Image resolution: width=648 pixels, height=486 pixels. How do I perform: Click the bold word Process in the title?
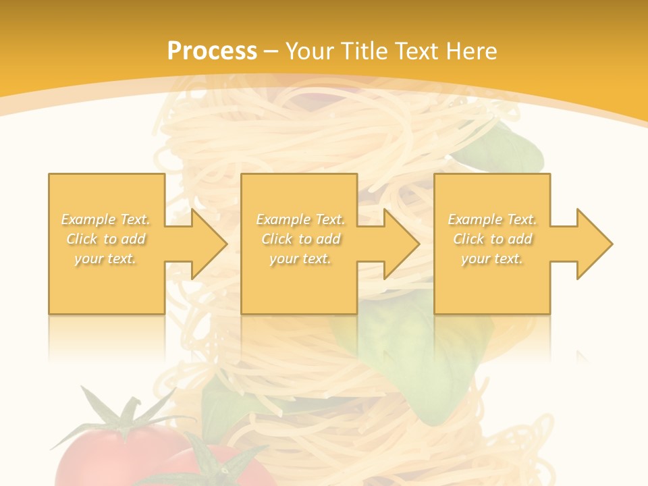click(x=212, y=51)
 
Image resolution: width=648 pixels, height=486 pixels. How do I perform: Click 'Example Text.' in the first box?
click(x=106, y=219)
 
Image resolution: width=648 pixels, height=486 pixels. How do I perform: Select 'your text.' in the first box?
click(x=106, y=259)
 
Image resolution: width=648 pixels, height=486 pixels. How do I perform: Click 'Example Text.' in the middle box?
click(x=300, y=219)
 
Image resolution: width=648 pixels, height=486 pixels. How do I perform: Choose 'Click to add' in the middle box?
click(x=300, y=239)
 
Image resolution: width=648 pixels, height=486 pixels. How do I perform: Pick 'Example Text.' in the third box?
click(x=492, y=219)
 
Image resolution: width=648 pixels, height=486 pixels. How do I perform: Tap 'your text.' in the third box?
click(x=492, y=259)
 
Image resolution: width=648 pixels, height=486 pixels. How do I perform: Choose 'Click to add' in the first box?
click(x=106, y=239)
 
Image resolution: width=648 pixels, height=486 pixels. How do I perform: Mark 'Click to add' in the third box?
click(x=492, y=239)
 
